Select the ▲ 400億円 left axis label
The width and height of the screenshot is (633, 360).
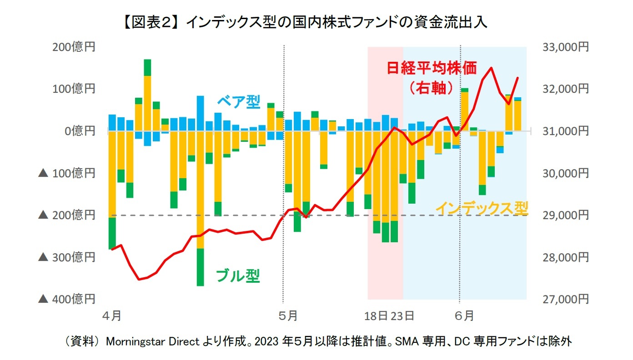tap(67, 299)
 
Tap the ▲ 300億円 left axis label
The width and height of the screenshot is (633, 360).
tap(67, 257)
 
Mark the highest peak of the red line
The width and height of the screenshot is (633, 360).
tap(491, 68)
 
